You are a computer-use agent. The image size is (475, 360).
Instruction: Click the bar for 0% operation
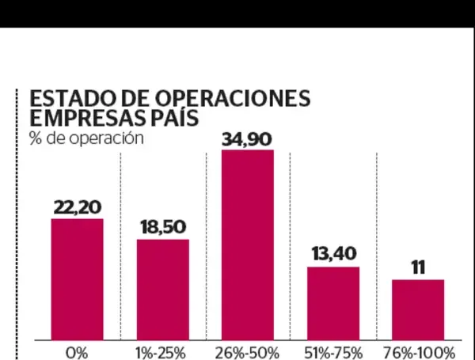[77, 279]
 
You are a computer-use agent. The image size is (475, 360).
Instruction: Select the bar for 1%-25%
[162, 289]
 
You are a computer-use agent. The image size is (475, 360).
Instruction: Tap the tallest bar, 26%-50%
[248, 244]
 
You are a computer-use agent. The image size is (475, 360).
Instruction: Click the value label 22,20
[77, 207]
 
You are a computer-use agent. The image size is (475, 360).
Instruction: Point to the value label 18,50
[162, 228]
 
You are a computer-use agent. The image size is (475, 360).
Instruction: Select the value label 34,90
[248, 139]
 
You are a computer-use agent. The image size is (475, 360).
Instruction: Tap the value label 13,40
[333, 255]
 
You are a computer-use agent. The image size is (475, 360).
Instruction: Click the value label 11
[417, 267]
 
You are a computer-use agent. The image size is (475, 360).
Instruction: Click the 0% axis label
[77, 352]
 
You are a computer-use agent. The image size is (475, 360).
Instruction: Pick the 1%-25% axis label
[162, 352]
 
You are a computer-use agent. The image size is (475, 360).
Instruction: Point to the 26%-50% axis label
[248, 352]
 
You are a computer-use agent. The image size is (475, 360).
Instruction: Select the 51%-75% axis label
[333, 352]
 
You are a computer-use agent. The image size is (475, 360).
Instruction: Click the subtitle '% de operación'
[74, 138]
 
